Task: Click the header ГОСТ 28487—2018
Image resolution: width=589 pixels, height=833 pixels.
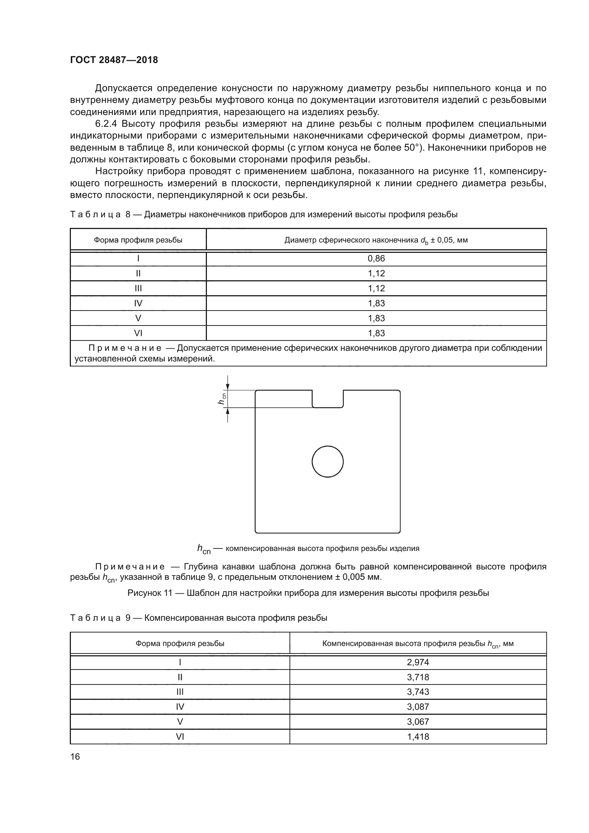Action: point(114,60)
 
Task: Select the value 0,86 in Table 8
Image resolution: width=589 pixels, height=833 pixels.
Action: point(376,259)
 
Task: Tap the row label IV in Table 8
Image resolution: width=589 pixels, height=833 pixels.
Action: point(138,303)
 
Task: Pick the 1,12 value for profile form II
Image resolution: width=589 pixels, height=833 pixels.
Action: point(376,274)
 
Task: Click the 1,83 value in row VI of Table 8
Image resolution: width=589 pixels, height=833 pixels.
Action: point(376,333)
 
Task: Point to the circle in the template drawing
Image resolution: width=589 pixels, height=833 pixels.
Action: point(328,462)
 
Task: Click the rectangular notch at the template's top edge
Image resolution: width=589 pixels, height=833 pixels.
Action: point(328,399)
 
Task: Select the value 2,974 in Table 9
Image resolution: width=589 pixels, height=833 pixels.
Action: point(418,662)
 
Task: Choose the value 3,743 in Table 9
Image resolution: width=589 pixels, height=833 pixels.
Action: point(418,692)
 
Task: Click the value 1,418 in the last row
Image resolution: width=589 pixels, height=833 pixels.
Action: point(418,736)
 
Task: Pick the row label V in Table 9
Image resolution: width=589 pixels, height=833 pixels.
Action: point(180,722)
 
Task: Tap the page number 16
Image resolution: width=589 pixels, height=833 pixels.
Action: point(75,756)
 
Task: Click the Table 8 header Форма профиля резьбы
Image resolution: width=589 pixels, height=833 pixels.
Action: point(138,240)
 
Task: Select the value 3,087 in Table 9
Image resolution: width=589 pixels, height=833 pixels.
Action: point(418,707)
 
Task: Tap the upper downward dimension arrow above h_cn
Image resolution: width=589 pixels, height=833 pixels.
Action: point(228,384)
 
